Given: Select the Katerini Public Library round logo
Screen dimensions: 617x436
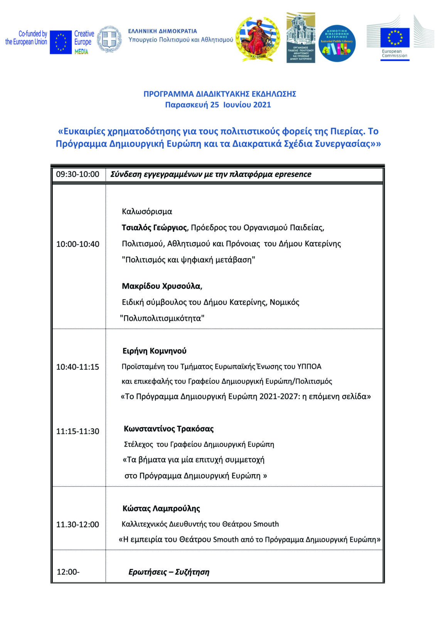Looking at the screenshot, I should [x=337, y=43].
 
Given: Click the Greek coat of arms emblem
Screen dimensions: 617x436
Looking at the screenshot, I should [x=109, y=39].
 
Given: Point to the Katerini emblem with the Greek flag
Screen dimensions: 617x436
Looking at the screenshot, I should [x=258, y=39].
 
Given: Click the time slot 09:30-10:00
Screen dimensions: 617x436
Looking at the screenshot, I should [x=77, y=174].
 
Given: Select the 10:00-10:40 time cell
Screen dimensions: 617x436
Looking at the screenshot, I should [x=77, y=244].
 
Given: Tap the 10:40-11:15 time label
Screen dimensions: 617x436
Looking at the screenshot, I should [x=77, y=367].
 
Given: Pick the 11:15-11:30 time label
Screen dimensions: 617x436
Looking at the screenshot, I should [x=77, y=431].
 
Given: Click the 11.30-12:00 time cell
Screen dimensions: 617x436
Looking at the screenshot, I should [x=77, y=524].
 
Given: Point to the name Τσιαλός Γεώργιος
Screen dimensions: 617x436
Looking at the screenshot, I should [x=154, y=228].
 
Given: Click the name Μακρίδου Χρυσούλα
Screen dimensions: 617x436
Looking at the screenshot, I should [x=162, y=286].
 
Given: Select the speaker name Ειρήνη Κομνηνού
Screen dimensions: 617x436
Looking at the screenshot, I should [x=155, y=351].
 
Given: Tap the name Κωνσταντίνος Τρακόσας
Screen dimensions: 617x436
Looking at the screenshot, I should [x=168, y=429].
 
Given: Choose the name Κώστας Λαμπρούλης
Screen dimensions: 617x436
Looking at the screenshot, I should [x=161, y=509].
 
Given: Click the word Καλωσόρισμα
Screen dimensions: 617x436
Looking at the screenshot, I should [x=147, y=211].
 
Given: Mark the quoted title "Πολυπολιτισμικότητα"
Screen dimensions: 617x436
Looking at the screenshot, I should [x=162, y=318].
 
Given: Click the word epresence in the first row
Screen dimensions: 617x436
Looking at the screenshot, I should [x=293, y=174].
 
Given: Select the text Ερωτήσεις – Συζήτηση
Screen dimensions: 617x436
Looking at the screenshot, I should [x=169, y=572].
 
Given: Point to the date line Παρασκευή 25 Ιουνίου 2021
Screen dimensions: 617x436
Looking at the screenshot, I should [x=218, y=105].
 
